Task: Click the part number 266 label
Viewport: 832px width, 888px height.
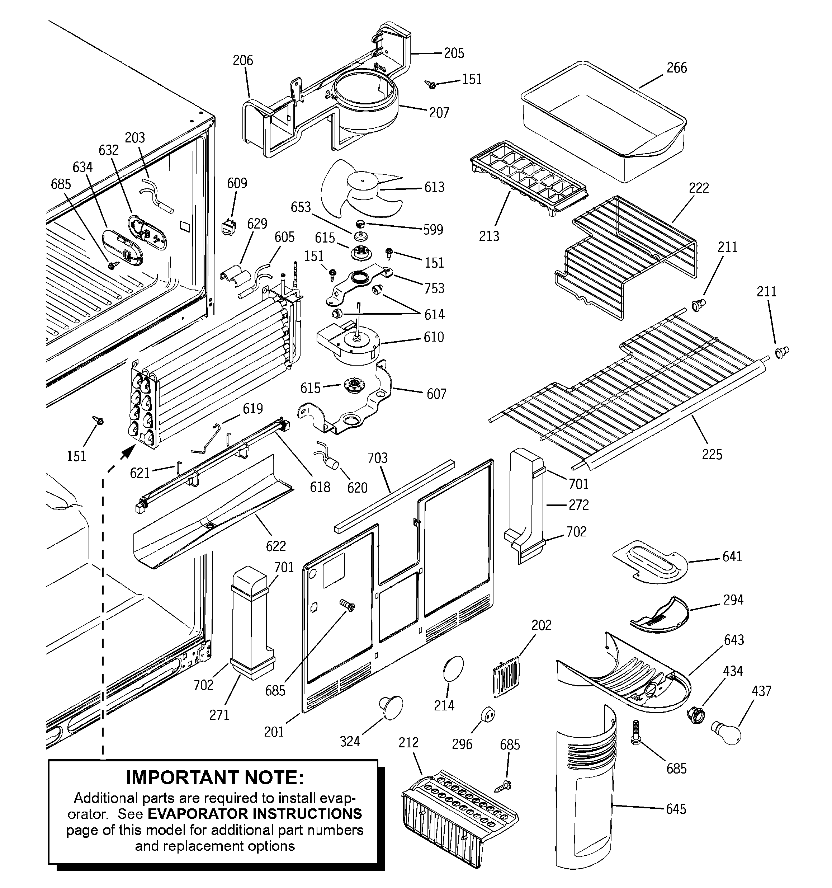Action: pos(676,68)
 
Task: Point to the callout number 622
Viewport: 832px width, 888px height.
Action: pos(275,546)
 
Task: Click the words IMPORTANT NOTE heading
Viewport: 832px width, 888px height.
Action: pos(215,777)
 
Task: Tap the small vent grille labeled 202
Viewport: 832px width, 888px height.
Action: pos(506,677)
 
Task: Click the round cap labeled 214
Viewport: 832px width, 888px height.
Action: pos(453,669)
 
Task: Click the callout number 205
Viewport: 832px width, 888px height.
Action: pos(454,53)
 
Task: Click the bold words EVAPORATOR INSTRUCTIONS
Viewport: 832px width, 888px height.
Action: pos(255,813)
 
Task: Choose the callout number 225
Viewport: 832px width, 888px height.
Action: pos(712,454)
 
